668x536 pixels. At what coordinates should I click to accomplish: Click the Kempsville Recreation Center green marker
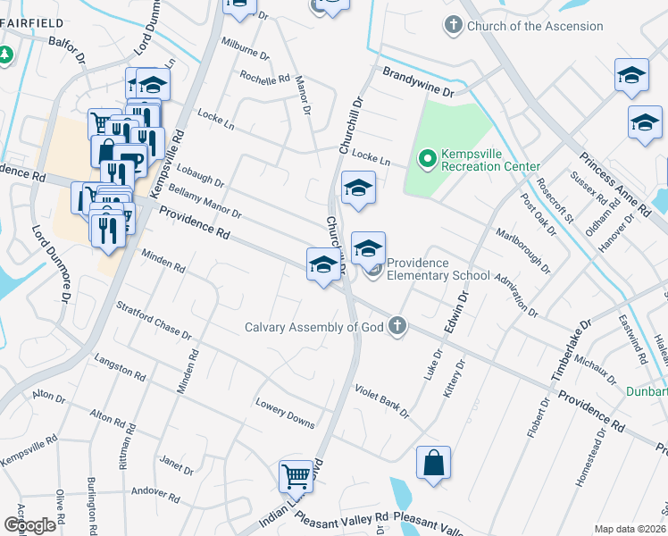tap(427, 159)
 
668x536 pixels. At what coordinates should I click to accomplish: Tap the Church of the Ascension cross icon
tap(455, 26)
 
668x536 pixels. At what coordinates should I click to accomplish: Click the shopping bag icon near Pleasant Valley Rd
tap(433, 464)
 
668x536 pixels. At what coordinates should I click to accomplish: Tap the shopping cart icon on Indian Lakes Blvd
tap(296, 475)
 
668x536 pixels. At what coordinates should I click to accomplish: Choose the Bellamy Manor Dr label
tap(205, 202)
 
